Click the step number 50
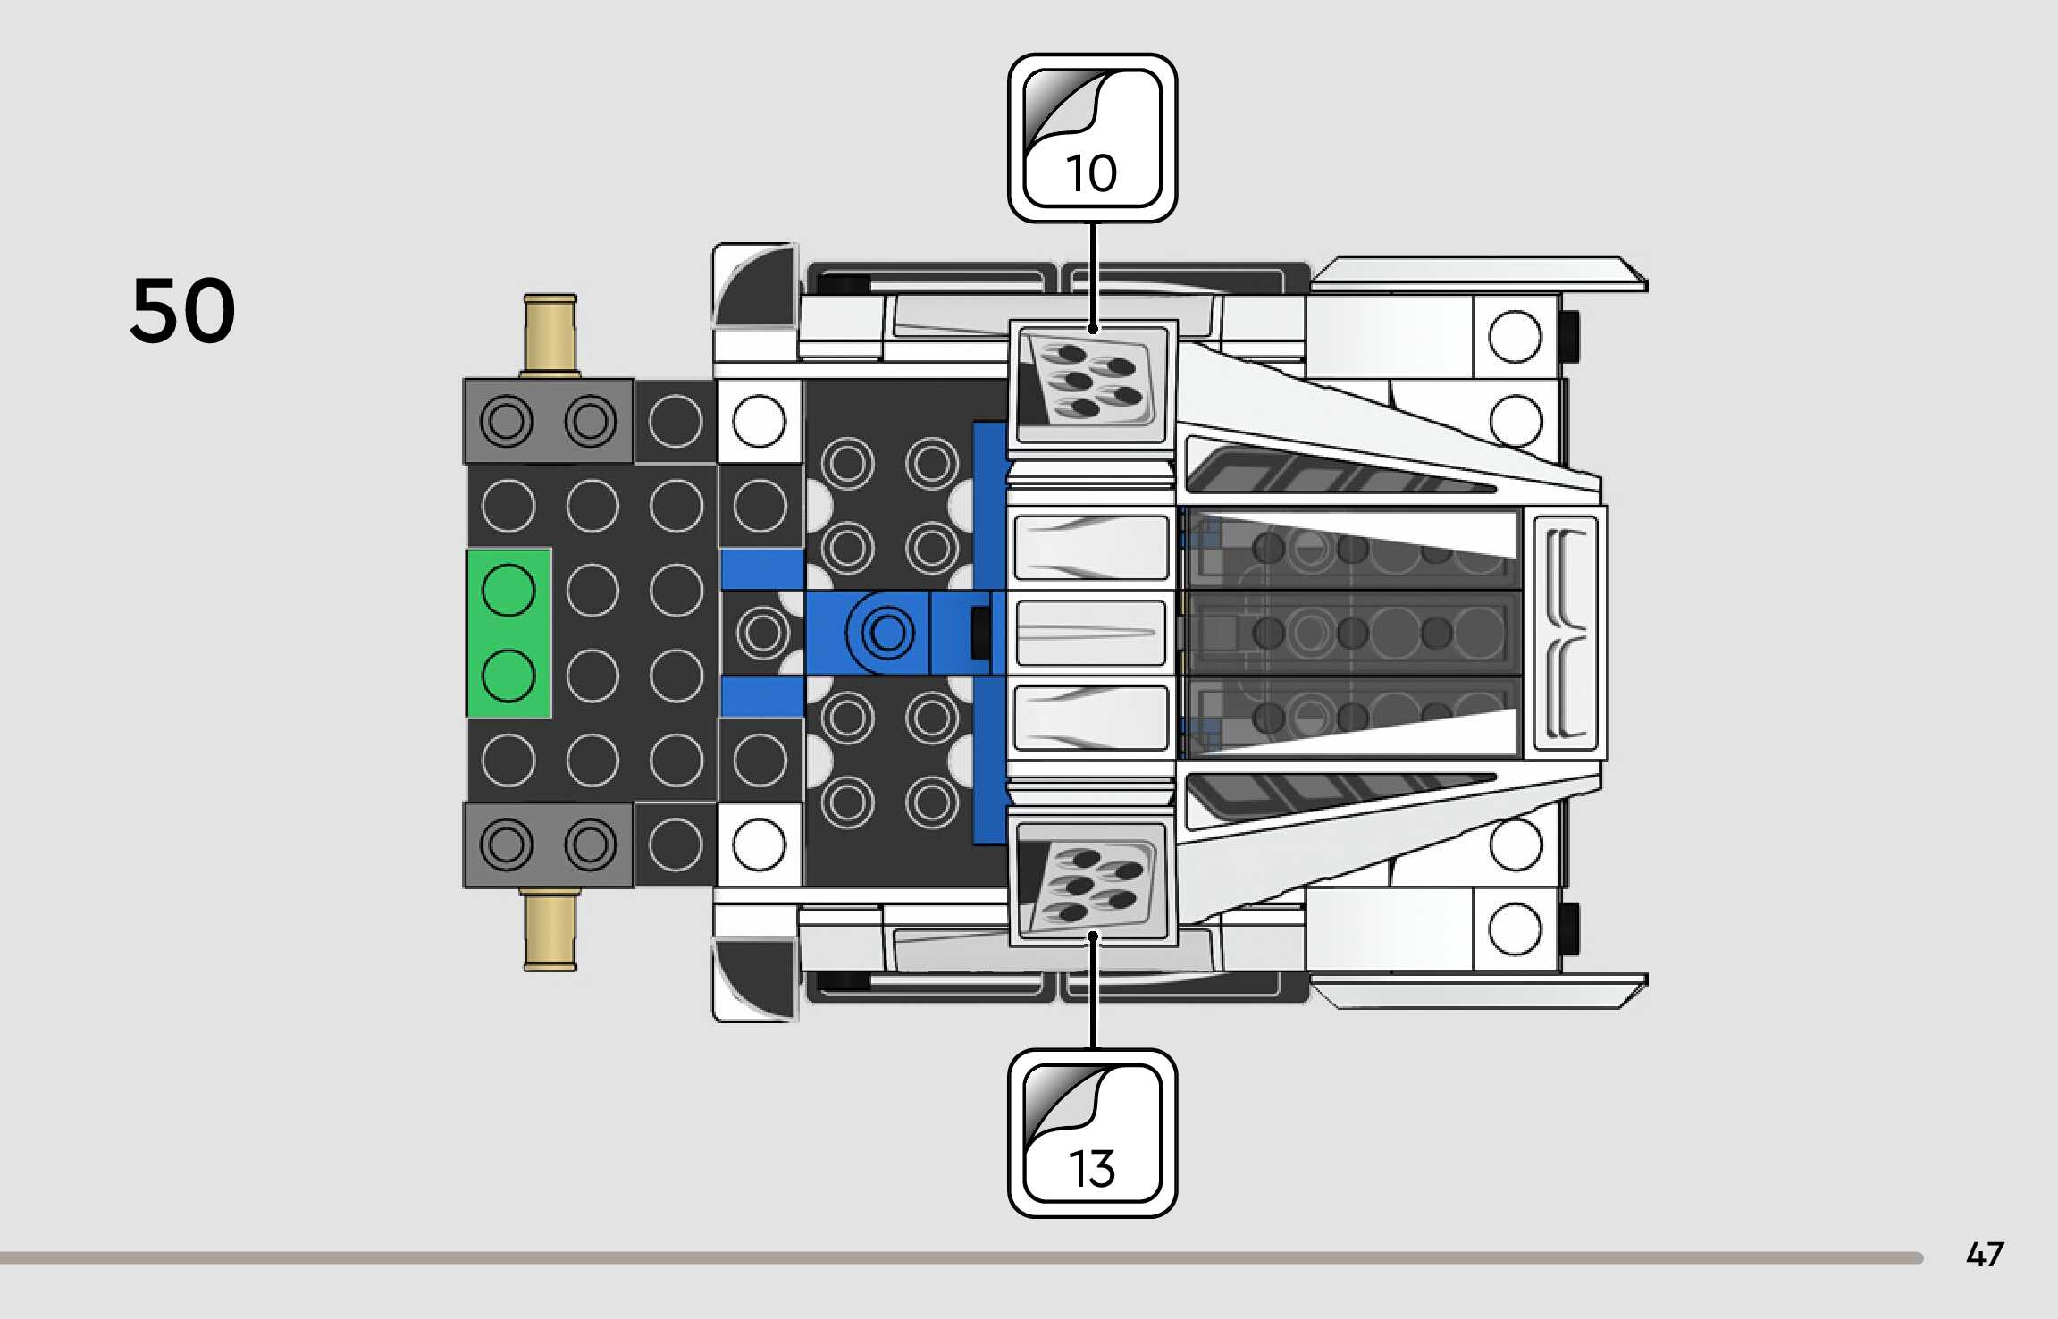pyautogui.click(x=183, y=310)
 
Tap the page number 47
pyautogui.click(x=1984, y=1255)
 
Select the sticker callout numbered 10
pyautogui.click(x=1092, y=139)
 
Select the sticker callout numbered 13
pyautogui.click(x=1092, y=1133)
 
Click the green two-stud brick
pyautogui.click(x=508, y=633)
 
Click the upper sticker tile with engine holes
pyautogui.click(x=1092, y=383)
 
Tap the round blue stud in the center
pyautogui.click(x=887, y=633)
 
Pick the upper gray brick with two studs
pyautogui.click(x=548, y=421)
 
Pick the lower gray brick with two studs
pyautogui.click(x=548, y=844)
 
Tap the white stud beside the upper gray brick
pyautogui.click(x=759, y=421)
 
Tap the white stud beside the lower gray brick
pyautogui.click(x=759, y=844)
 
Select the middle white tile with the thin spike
pyautogui.click(x=1091, y=633)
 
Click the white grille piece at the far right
pyautogui.click(x=1566, y=633)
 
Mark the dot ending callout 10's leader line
pyautogui.click(x=1092, y=330)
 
